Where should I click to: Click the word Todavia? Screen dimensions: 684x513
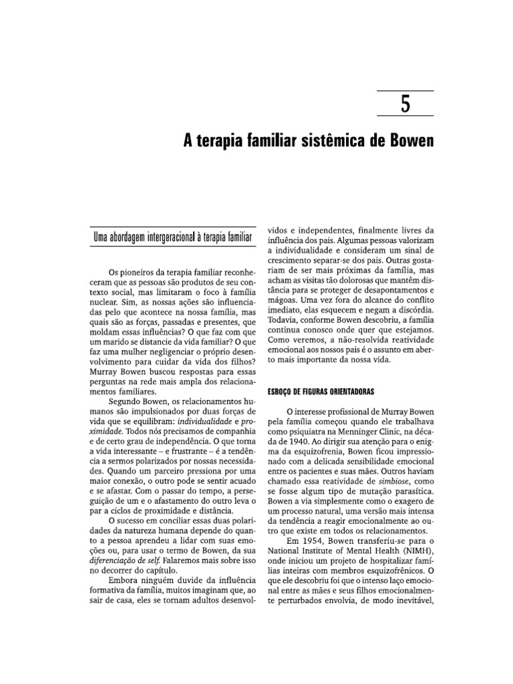click(284, 322)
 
